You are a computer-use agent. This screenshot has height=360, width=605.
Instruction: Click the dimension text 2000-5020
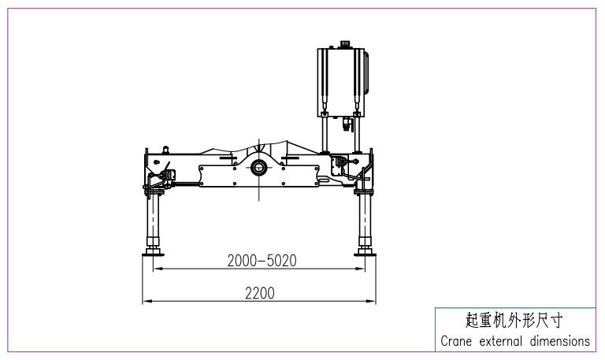(261, 260)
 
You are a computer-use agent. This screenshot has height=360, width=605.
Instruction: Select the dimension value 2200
(259, 293)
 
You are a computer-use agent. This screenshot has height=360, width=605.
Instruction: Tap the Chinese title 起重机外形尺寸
(514, 321)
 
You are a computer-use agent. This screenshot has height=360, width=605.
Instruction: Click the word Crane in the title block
(455, 341)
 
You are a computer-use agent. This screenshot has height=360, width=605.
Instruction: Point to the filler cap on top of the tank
(345, 43)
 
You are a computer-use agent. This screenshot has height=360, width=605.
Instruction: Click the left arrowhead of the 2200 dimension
(145, 302)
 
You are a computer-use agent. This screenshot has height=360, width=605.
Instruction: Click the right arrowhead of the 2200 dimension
(374, 302)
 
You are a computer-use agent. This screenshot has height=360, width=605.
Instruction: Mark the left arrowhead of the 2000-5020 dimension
(156, 269)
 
